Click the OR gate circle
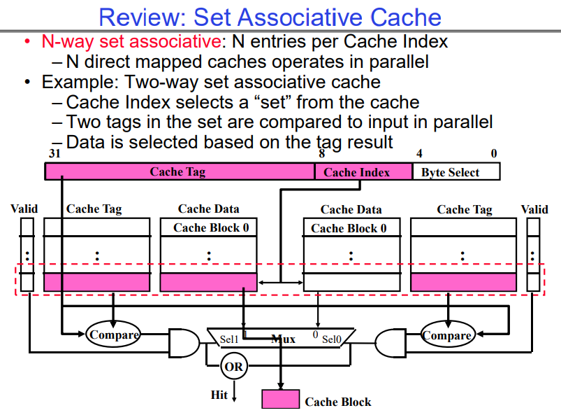[x=233, y=365]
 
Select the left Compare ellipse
[x=114, y=335]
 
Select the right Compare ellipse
[x=447, y=335]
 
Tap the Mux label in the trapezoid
[x=283, y=339]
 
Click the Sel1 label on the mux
[x=229, y=339]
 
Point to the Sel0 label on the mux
[x=331, y=339]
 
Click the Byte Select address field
[x=456, y=172]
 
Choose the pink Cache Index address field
[x=356, y=172]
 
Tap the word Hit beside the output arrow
[x=219, y=395]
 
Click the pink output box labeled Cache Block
[x=280, y=400]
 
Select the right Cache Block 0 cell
[x=348, y=228]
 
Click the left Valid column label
[x=24, y=209]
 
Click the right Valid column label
[x=534, y=209]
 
